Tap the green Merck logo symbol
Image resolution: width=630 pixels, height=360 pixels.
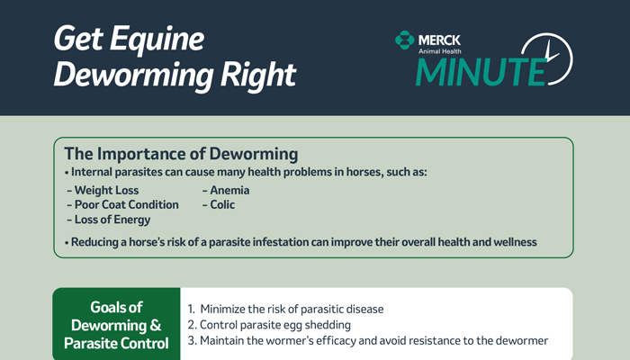[x=405, y=40]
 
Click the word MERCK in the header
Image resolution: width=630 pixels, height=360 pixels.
[x=439, y=40]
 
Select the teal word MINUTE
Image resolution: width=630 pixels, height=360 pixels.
[x=481, y=72]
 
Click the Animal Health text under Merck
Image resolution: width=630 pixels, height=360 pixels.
[x=440, y=51]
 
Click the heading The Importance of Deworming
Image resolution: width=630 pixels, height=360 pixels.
[x=181, y=154]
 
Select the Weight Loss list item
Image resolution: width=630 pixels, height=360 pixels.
[x=103, y=190]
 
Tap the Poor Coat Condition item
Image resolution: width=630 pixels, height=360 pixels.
[x=123, y=204]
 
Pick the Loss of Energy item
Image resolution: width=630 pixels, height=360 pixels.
[x=109, y=220]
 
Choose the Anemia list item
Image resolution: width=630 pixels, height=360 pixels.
[x=226, y=190]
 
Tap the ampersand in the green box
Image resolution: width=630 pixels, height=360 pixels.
[x=156, y=325]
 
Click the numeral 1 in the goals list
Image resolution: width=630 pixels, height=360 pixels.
[x=191, y=309]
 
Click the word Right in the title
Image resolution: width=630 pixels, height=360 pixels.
[x=258, y=75]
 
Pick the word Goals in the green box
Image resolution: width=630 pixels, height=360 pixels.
[x=116, y=308]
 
